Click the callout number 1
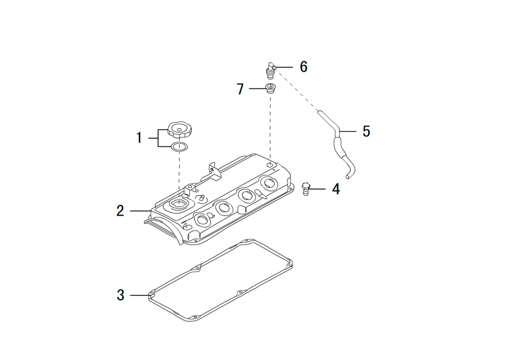pos(139,138)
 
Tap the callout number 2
pos(120,210)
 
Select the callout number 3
pos(121,295)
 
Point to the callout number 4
pos(336,189)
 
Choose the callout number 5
pos(366,131)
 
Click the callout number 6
pos(304,67)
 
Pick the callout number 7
pos(240,89)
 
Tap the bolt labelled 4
pos(305,189)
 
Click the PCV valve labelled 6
pos(270,70)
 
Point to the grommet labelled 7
pos(270,88)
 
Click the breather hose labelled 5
pos(338,145)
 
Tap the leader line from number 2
pos(141,210)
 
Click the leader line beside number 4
pos(317,189)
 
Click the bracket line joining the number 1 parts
pos(158,138)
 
